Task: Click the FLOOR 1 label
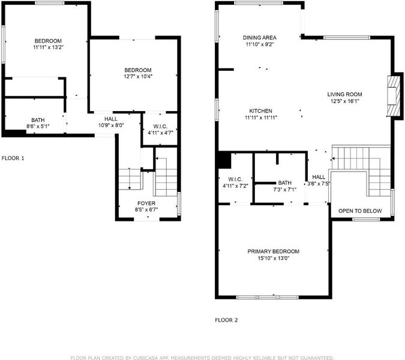tap(13, 158)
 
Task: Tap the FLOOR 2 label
tap(226, 320)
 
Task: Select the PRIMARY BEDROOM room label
tap(273, 251)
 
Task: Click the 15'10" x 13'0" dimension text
tap(273, 258)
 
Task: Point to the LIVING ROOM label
tap(344, 94)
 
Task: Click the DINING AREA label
tap(260, 37)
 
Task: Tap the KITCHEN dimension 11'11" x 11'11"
tap(261, 118)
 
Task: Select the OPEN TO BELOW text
tap(360, 211)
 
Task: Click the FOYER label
tap(146, 203)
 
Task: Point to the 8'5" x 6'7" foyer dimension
tap(146, 209)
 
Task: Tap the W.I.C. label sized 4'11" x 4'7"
tap(160, 126)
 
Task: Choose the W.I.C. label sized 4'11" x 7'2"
tap(235, 179)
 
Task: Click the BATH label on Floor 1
tap(38, 120)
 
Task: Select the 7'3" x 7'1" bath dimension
tap(285, 190)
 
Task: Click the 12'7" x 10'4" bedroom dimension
tap(138, 76)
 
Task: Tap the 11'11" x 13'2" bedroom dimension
tap(49, 47)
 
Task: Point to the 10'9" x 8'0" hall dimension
tap(111, 125)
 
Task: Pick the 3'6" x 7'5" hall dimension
tap(319, 184)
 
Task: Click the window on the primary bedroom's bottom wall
tap(268, 297)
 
